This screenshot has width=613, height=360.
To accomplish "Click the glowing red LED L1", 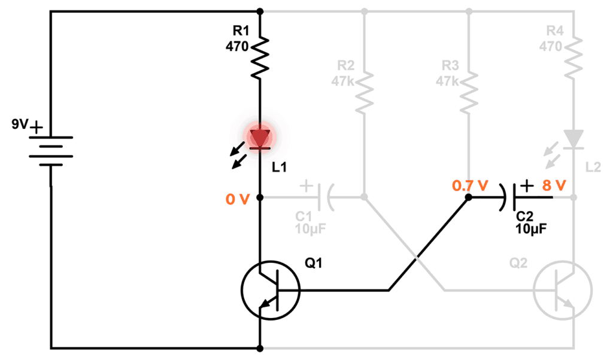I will (260, 138).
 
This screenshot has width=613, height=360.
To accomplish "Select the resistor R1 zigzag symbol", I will (260, 58).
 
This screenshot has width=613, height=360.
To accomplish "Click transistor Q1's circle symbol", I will (270, 291).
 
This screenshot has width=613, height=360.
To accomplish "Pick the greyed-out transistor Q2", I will (563, 291).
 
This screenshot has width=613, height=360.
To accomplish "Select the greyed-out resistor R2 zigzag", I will (364, 93).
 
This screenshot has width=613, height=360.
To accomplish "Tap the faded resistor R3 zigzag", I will (469, 93).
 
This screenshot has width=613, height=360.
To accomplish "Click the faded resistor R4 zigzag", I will (573, 58).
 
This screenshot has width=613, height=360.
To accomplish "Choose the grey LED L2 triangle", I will (573, 139).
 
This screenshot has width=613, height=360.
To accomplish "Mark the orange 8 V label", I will (554, 186).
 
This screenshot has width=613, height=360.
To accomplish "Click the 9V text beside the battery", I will (19, 126).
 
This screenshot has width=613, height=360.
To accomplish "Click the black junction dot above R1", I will (260, 11).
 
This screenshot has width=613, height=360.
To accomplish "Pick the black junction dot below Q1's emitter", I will (260, 347).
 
